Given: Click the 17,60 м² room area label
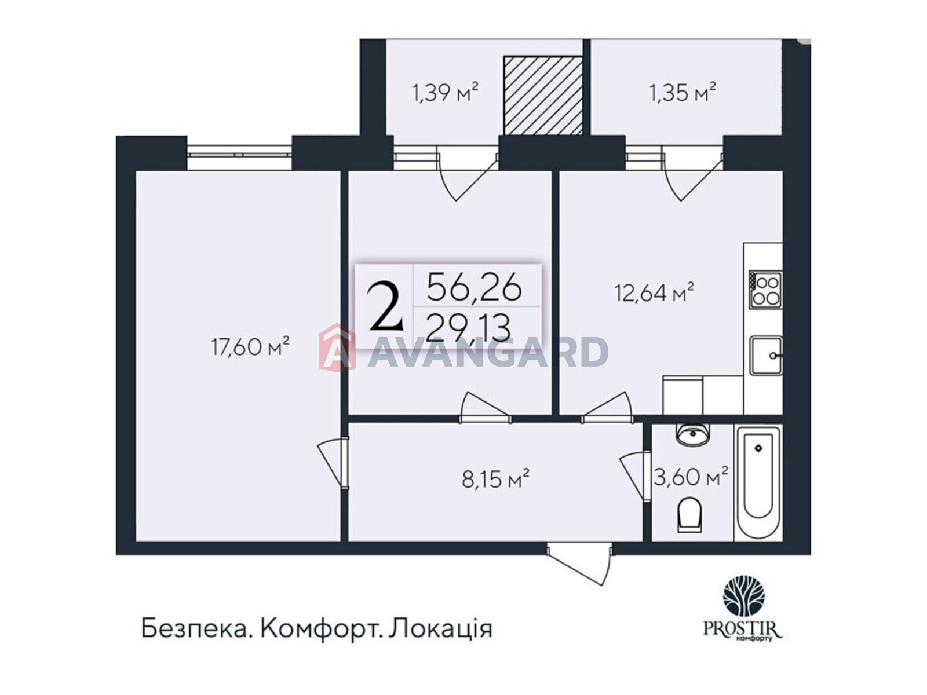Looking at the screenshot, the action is [x=250, y=346].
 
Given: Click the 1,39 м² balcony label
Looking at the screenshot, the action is [x=445, y=93].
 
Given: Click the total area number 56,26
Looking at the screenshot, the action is [x=475, y=287].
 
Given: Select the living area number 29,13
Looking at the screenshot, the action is [x=469, y=328].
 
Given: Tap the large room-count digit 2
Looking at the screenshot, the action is [x=385, y=307].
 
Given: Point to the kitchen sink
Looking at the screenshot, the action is [x=766, y=355].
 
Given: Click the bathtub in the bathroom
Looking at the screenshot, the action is [x=758, y=482].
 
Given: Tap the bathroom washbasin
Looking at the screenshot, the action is [x=693, y=434].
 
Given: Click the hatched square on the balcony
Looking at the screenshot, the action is [x=543, y=96].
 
